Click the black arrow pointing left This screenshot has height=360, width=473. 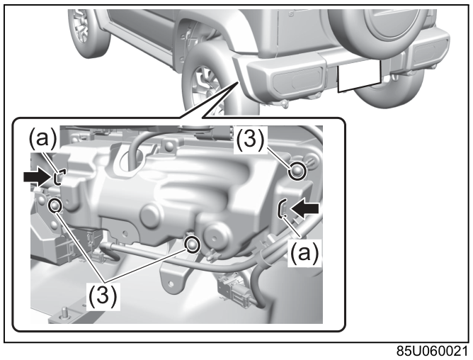coord(304,208)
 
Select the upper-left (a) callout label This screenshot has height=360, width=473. coord(42,138)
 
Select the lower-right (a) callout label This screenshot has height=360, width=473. coord(304,253)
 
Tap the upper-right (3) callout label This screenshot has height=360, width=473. coord(250,139)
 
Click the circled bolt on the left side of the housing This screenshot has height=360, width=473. coord(55,206)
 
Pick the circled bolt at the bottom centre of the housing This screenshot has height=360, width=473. coord(193,244)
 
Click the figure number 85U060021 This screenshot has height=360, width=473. coord(432,351)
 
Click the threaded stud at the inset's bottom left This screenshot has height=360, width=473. coord(64,313)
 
